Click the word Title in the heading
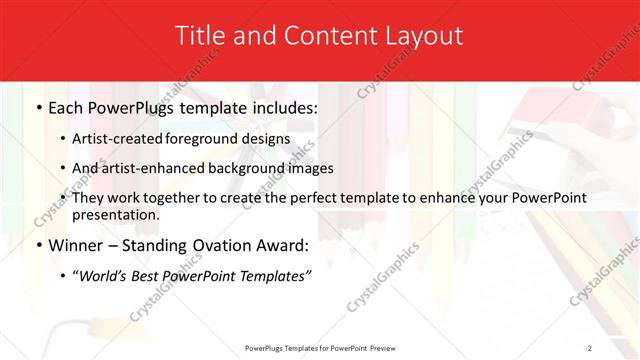200,36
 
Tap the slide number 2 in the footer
590,347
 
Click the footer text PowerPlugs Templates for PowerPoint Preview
319,347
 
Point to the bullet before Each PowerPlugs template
38,108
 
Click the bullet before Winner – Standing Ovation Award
38,246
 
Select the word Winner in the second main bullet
77,246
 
